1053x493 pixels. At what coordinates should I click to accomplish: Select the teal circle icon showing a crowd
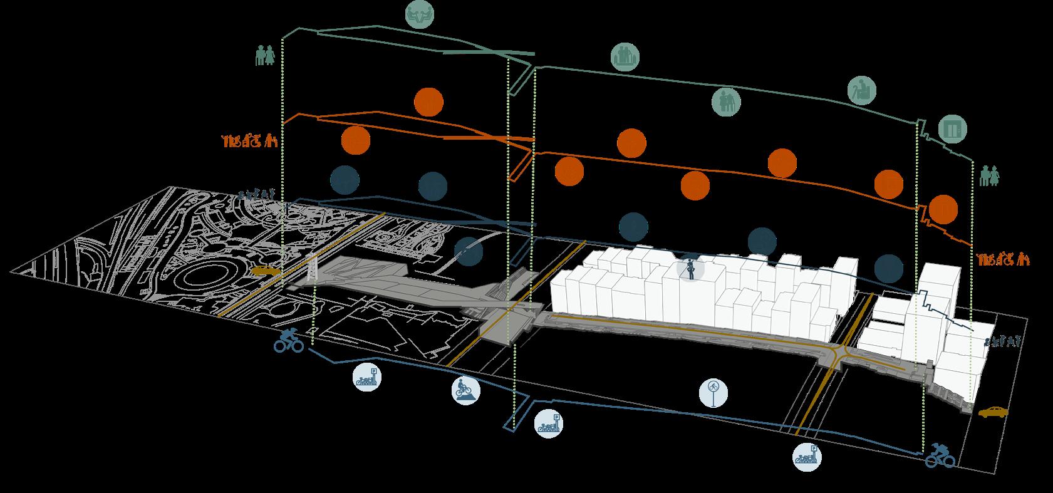625,57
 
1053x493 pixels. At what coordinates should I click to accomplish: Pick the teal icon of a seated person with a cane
862,90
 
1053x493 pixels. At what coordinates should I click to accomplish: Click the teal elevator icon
953,130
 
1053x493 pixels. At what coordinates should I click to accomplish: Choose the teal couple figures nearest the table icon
265,56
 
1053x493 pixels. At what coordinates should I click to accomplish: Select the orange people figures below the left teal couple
249,141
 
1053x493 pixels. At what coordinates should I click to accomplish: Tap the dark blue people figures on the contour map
257,195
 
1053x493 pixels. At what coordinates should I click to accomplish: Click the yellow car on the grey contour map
266,271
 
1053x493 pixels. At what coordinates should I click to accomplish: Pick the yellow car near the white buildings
993,412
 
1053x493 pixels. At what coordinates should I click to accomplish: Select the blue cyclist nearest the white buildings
940,455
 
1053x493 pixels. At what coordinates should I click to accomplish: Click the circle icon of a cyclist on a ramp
466,390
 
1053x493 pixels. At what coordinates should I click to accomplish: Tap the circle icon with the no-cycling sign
713,393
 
